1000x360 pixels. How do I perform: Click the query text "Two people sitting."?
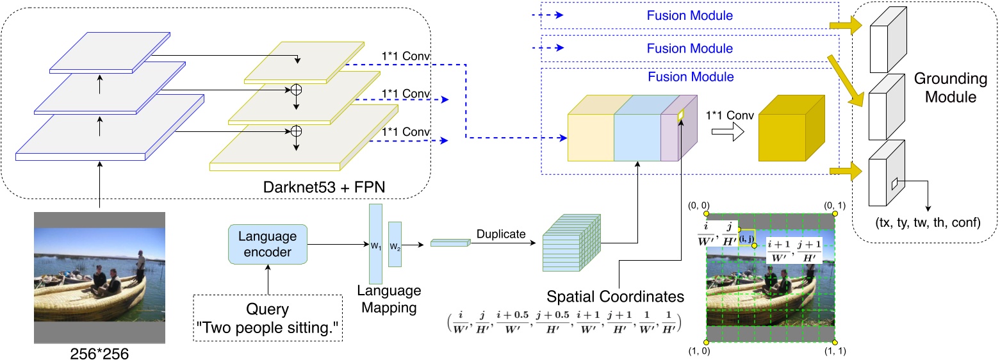pos(268,329)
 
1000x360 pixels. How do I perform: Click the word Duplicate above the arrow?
pos(502,235)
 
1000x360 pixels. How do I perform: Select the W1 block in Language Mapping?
pos(375,245)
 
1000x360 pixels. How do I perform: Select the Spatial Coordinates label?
pos(615,297)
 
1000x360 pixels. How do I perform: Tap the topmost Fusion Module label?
pos(689,15)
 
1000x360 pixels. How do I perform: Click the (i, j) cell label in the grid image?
pos(746,238)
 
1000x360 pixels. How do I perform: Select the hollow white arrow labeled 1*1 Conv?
pos(729,132)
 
